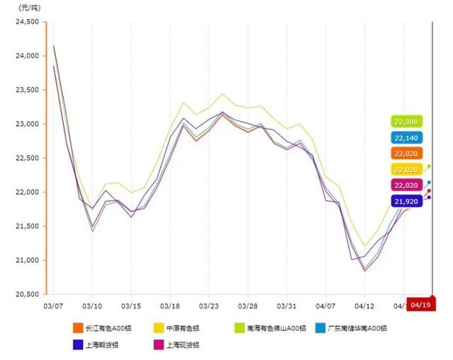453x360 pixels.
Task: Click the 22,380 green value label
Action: (406, 122)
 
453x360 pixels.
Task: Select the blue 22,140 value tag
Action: (406, 138)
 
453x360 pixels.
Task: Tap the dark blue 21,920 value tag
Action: (406, 202)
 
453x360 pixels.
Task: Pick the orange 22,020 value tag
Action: (406, 153)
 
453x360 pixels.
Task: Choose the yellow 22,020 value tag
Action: (406, 169)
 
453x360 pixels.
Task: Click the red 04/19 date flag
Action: (420, 305)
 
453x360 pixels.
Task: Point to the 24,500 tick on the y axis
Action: (27, 22)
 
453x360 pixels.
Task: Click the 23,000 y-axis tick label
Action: (27, 124)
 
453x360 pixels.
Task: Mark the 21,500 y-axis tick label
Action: (27, 226)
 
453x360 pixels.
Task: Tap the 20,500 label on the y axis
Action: (27, 294)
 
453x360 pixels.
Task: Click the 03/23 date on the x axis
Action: (210, 306)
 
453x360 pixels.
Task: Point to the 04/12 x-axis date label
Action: (365, 306)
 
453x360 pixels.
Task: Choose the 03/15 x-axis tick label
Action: (131, 306)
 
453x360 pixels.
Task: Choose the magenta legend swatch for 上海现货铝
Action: (159, 345)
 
